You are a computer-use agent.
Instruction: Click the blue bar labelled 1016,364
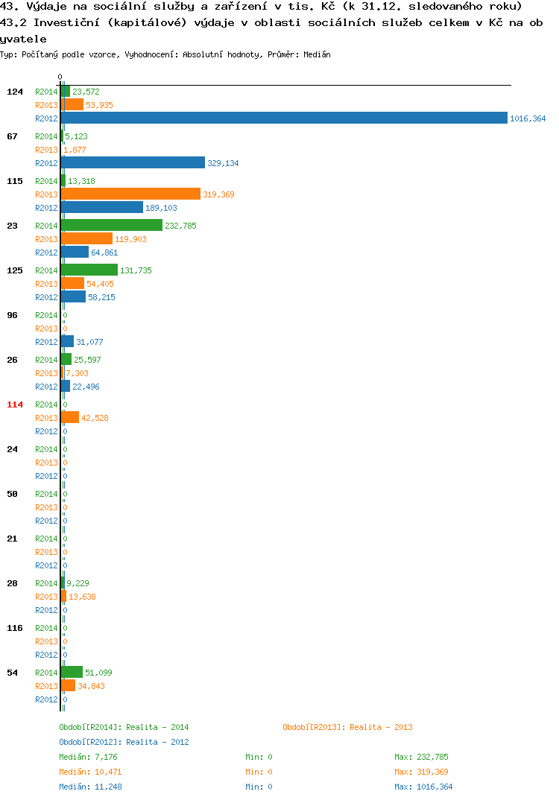[x=285, y=118]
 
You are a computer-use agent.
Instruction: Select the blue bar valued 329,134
[x=133, y=162]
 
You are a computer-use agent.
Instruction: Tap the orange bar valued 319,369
[x=130, y=194]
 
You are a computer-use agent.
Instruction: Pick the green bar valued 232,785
[x=112, y=225]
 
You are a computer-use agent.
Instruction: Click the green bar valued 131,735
[x=89, y=270]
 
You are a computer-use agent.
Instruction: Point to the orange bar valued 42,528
[x=70, y=417]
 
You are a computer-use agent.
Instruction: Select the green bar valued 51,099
[x=72, y=672]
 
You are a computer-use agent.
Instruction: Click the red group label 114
[x=15, y=404]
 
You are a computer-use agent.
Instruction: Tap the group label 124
[x=15, y=92]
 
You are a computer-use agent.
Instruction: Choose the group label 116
[x=15, y=628]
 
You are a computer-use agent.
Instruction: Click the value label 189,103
[x=161, y=208]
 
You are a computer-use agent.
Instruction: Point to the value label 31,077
[x=90, y=342]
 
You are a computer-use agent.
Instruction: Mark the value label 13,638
[x=82, y=597]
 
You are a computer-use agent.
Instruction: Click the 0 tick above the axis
[x=60, y=77]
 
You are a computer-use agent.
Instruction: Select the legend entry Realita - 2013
[x=347, y=727]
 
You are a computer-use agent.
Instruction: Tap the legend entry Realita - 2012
[x=124, y=742]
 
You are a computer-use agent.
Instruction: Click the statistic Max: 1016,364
[x=423, y=787]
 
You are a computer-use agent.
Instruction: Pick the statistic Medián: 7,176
[x=88, y=757]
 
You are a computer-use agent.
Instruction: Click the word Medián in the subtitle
[x=317, y=54]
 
